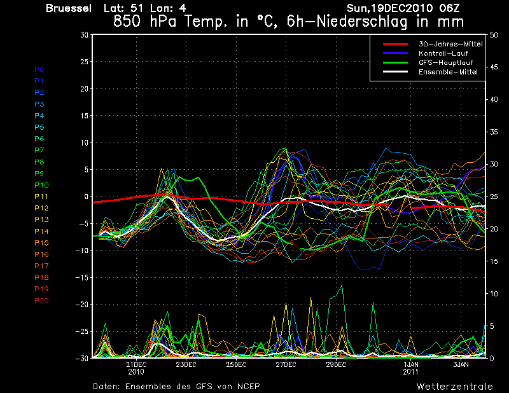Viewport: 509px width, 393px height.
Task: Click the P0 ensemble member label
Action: (x=39, y=69)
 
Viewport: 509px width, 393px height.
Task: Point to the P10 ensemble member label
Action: (x=42, y=185)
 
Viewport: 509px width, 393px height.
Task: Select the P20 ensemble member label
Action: (x=42, y=301)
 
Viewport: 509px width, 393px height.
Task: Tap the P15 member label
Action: (x=42, y=243)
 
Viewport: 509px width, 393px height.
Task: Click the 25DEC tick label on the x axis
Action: (x=236, y=365)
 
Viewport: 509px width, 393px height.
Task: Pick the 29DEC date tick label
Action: (x=336, y=365)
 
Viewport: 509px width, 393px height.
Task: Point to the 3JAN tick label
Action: (x=461, y=365)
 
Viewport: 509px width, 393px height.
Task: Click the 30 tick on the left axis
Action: (x=84, y=35)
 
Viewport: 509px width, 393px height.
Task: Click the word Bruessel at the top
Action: (x=69, y=8)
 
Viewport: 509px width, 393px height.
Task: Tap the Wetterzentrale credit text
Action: (x=454, y=386)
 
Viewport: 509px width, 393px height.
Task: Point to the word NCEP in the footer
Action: (x=247, y=386)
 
